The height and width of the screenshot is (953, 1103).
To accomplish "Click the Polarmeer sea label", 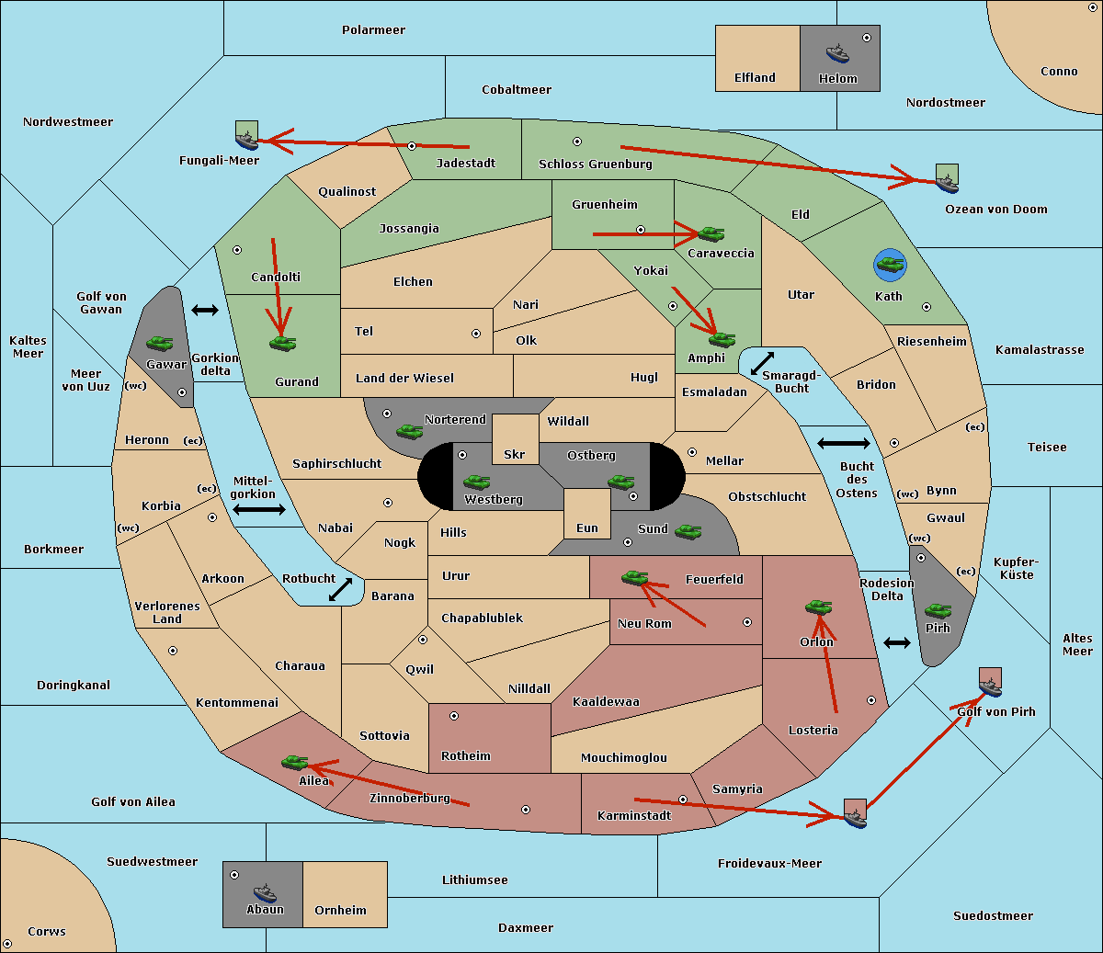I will click(x=373, y=30).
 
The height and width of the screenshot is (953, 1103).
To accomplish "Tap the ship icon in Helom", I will click(x=837, y=52).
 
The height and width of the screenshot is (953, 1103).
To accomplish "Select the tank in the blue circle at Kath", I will click(x=890, y=266).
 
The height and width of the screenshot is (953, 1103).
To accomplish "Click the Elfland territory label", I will click(x=755, y=78).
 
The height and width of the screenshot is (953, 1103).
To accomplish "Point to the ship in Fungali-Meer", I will click(x=246, y=138).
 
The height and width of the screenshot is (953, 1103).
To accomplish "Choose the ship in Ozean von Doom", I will click(x=946, y=180).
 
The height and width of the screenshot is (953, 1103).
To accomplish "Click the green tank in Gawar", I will click(x=160, y=343).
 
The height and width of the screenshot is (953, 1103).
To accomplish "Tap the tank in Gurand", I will click(x=283, y=343).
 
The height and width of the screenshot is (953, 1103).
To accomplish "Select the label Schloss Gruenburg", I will click(x=595, y=165).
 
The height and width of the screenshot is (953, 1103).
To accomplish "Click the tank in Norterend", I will click(x=410, y=430).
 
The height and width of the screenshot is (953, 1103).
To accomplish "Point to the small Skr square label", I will click(x=515, y=455).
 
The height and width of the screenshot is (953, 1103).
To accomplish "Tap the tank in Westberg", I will click(x=476, y=482).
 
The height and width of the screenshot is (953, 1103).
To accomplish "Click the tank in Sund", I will click(x=688, y=531).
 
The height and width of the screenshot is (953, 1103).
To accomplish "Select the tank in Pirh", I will click(x=938, y=610).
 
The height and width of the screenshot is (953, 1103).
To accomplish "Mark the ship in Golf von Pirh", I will click(x=990, y=685).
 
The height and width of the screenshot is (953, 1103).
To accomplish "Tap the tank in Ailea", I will click(x=294, y=762).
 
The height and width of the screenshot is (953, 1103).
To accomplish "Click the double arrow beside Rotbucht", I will click(x=340, y=589).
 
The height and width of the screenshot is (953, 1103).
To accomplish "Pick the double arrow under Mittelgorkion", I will click(x=259, y=510).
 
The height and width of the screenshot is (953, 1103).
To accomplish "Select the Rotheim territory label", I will click(x=466, y=756).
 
